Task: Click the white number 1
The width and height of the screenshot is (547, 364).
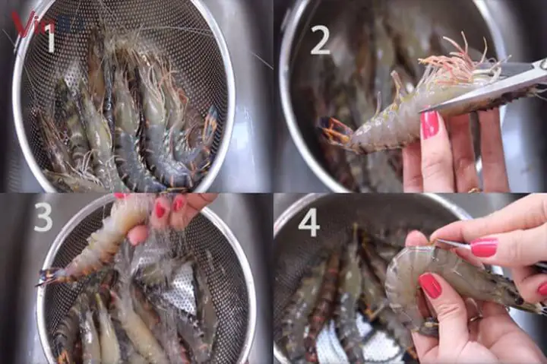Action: point(50,38)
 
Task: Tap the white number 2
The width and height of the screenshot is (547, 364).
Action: point(320,40)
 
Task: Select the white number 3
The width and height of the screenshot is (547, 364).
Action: point(43,217)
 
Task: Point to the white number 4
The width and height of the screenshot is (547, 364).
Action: point(308,222)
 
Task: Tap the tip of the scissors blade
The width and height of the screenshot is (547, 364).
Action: point(425,109)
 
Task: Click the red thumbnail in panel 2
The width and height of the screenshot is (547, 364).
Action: point(430,125)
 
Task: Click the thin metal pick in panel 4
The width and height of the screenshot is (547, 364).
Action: point(453,245)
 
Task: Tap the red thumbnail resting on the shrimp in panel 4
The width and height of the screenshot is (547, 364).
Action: point(431,286)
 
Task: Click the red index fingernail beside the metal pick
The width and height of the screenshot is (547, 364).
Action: point(483,247)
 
